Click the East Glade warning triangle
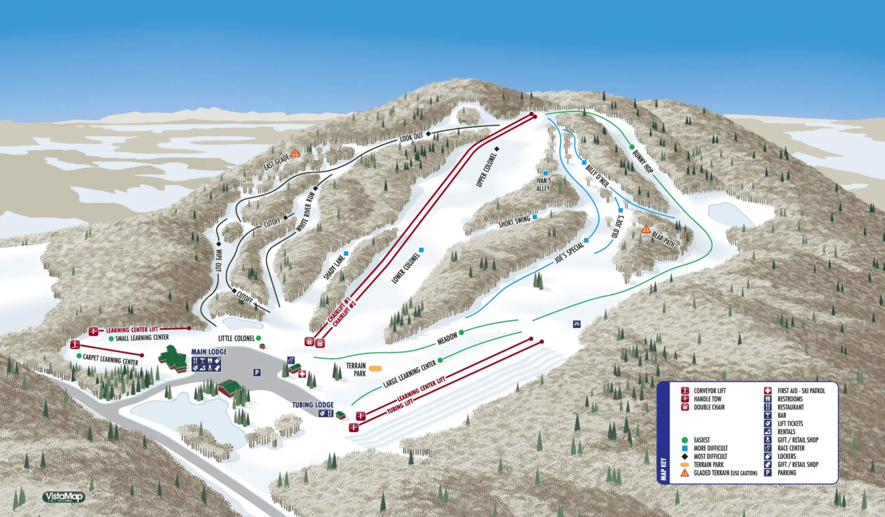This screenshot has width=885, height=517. tap(295, 153)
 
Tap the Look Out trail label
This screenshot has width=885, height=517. tap(412, 138)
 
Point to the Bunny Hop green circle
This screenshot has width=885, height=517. tap(632, 147)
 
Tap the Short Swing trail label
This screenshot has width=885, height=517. tap(514, 222)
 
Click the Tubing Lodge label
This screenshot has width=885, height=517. tap(313, 405)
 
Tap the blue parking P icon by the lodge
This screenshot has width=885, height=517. tap(257, 372)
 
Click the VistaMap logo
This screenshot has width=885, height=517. tap(63, 497)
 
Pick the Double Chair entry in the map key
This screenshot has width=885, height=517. tap(709, 407)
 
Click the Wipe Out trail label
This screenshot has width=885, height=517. tap(218, 260)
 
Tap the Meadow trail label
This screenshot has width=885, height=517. tap(447, 338)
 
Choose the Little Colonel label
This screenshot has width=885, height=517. tap(236, 338)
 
